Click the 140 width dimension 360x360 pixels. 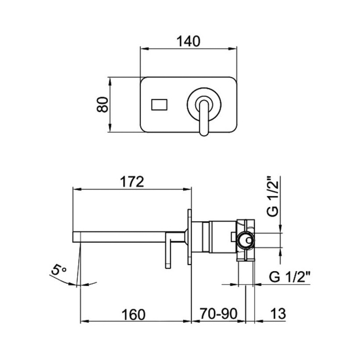tap(188, 42)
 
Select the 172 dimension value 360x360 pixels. tap(132, 182)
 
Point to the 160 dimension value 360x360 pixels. tap(133, 314)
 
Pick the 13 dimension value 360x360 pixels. tap(278, 314)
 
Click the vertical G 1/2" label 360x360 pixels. tap(273, 196)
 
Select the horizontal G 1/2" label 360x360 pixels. tap(290, 277)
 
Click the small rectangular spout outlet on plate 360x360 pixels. tap(159, 104)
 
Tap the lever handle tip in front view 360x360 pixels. tap(204, 133)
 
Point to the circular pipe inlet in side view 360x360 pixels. tap(245, 240)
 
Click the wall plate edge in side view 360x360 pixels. tap(190, 237)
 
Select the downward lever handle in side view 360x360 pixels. tap(168, 250)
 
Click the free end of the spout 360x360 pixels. tap(73, 237)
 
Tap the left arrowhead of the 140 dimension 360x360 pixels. tap(143, 48)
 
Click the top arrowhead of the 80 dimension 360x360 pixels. tap(110, 81)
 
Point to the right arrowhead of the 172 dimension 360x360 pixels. tap(188, 189)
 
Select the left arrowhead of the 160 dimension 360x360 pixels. tap(84, 321)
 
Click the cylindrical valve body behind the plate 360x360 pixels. tap(214, 237)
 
